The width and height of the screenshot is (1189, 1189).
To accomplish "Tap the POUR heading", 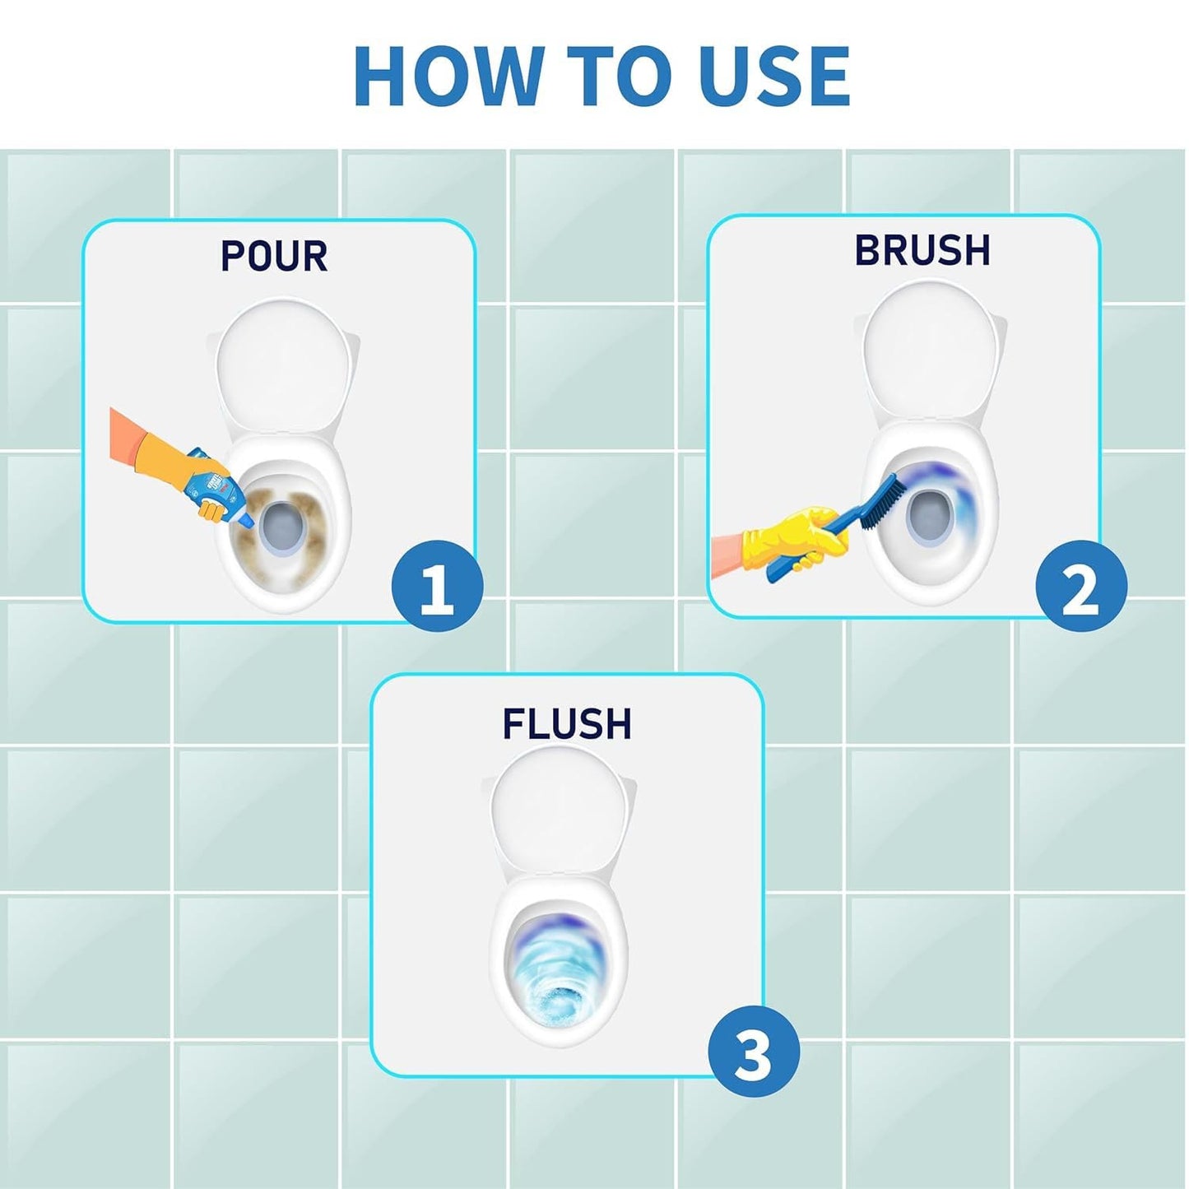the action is point(274,255).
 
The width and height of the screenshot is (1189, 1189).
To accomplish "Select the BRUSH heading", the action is point(922,250).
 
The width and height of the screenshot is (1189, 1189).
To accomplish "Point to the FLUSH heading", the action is point(567,723).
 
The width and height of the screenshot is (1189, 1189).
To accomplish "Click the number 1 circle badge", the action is point(438,586).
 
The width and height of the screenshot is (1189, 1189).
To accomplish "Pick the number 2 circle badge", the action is point(1081,586).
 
